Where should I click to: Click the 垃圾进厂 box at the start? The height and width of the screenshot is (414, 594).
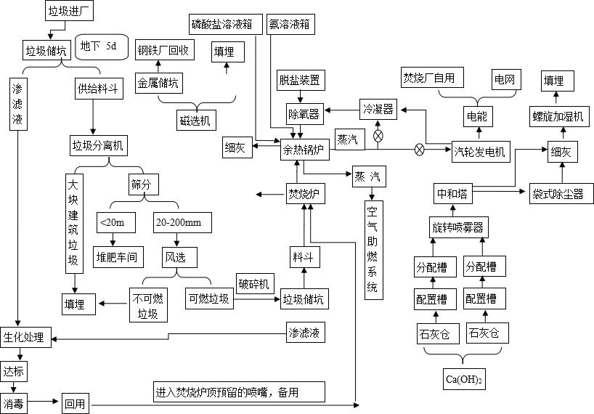70,12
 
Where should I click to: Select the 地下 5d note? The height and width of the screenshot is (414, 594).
102,46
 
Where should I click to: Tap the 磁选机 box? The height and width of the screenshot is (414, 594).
195,119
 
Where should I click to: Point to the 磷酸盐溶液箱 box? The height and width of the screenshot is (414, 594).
221,23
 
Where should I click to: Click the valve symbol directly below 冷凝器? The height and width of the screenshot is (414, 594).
378,135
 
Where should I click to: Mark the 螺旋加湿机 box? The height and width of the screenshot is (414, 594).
559,116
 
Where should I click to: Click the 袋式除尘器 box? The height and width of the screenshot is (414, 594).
558,194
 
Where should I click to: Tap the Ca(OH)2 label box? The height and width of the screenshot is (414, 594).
464,378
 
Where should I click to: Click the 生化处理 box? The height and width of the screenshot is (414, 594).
23,337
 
